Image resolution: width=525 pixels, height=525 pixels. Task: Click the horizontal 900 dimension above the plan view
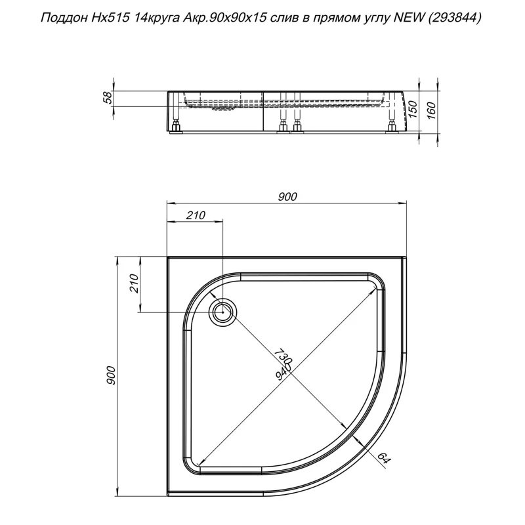(x=287, y=196)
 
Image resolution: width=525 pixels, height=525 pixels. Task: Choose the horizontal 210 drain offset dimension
(x=196, y=215)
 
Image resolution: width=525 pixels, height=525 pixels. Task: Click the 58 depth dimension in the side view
(x=109, y=98)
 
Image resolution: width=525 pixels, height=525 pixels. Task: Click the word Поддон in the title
(x=64, y=19)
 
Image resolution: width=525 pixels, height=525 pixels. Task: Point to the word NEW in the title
(x=408, y=19)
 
